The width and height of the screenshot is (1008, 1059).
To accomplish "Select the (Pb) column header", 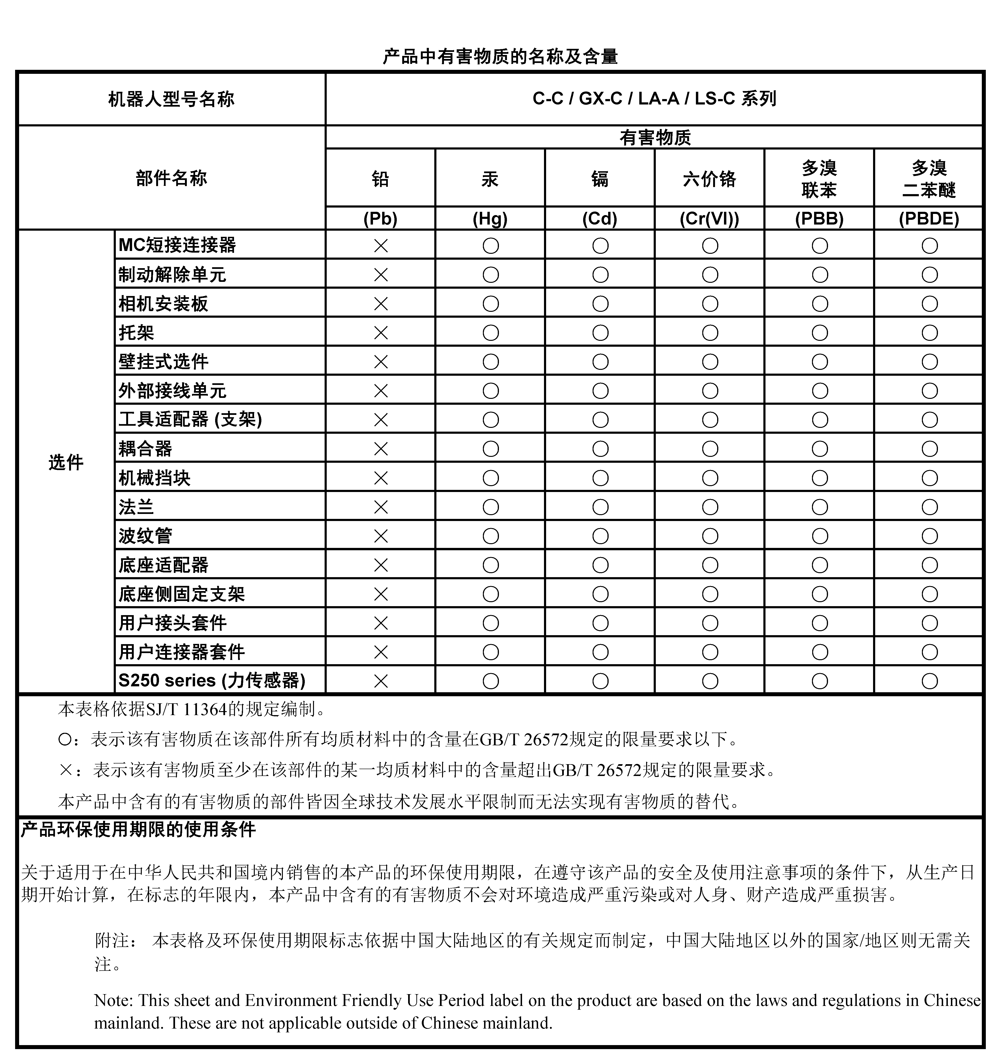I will click(381, 219).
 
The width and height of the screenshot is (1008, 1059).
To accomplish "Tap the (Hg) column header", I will click(490, 219).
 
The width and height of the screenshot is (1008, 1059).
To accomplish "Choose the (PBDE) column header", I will click(929, 219).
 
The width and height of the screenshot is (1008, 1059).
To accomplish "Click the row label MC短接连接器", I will click(177, 245).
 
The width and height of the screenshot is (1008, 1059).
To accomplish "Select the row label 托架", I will click(137, 333).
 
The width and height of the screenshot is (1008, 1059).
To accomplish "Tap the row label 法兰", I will click(137, 507).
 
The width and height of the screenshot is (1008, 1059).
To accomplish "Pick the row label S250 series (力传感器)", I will click(212, 680).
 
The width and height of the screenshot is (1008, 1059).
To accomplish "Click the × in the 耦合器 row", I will click(381, 449).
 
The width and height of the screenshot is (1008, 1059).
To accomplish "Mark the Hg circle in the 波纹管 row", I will click(491, 536).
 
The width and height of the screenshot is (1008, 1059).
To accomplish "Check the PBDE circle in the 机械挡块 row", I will click(929, 478).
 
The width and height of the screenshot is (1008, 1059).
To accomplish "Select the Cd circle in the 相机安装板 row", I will click(600, 304).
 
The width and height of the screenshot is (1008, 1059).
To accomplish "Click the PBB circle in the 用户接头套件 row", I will click(820, 623).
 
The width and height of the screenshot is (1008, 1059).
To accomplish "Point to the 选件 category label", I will click(66, 462).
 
